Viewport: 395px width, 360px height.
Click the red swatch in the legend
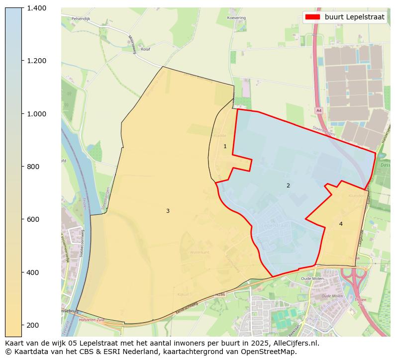click(x=313, y=17)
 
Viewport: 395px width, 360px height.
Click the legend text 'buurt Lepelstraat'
click(x=354, y=17)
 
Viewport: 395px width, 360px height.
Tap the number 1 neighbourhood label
click(x=225, y=146)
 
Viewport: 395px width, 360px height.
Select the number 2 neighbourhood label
click(x=288, y=185)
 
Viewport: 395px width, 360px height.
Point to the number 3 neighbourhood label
click(x=168, y=211)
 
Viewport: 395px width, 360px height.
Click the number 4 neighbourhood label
click(x=341, y=224)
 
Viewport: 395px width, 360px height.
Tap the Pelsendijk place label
click(x=80, y=18)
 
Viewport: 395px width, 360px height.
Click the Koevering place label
click(x=236, y=17)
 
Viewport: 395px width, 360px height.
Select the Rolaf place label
click(x=145, y=49)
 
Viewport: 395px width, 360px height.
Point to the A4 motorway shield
click(x=319, y=110)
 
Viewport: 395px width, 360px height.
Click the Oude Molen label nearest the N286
click(x=312, y=279)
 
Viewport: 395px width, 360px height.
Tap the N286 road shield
click(x=220, y=294)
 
